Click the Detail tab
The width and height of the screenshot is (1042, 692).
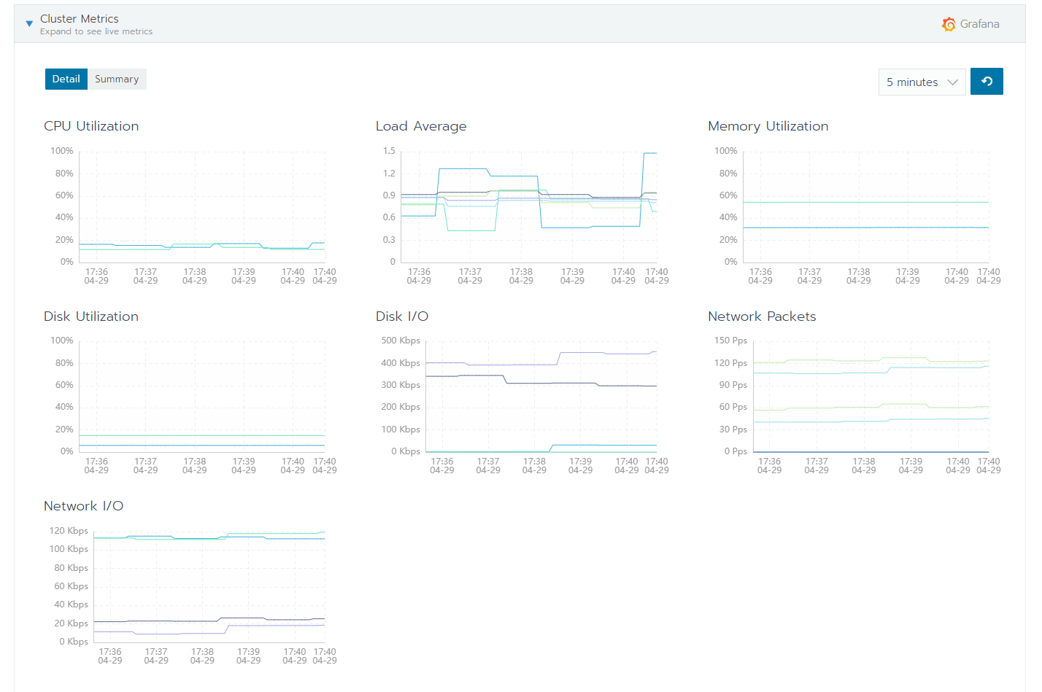click(66, 79)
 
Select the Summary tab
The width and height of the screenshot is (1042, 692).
click(117, 79)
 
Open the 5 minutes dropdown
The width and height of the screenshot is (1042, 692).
click(922, 82)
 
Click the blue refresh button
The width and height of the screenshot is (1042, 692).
click(987, 82)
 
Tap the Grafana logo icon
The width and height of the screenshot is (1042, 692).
click(949, 24)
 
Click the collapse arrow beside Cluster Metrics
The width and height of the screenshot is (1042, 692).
click(29, 24)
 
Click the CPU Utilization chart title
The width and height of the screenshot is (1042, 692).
click(91, 126)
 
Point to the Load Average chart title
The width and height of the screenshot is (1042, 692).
click(421, 126)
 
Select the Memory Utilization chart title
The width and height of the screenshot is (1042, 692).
click(768, 126)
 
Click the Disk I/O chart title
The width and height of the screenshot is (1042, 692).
click(402, 316)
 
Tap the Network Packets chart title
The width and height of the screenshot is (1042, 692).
click(762, 316)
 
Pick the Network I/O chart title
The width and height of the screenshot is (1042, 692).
click(83, 506)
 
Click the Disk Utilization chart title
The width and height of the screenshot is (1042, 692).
click(91, 316)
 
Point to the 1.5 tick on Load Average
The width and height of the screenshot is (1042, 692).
click(389, 151)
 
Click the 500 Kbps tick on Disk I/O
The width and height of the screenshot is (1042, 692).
click(401, 341)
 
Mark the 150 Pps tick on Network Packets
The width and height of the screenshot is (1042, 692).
click(730, 341)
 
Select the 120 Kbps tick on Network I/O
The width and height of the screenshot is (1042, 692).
click(69, 531)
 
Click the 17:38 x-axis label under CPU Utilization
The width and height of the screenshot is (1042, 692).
click(195, 276)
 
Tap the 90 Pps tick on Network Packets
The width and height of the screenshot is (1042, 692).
click(733, 385)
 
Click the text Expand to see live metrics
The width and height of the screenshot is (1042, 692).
click(96, 31)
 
